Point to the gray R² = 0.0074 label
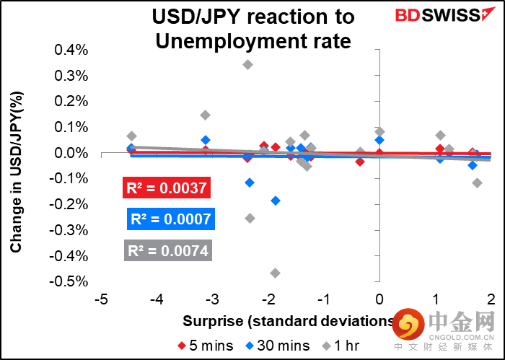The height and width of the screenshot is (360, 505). click(168, 250)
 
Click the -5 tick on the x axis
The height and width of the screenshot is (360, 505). click(102, 299)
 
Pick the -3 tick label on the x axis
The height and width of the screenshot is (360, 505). click(214, 299)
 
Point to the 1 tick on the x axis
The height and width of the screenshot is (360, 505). click(435, 299)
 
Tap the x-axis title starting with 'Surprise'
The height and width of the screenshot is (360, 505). click(289, 321)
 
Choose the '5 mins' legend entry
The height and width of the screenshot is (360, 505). click(206, 345)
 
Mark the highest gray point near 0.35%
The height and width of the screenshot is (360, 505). click(248, 64)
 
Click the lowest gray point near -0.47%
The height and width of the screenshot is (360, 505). click(275, 273)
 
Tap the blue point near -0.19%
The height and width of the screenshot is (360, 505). click(275, 201)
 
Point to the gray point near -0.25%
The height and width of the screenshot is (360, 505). click(250, 218)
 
